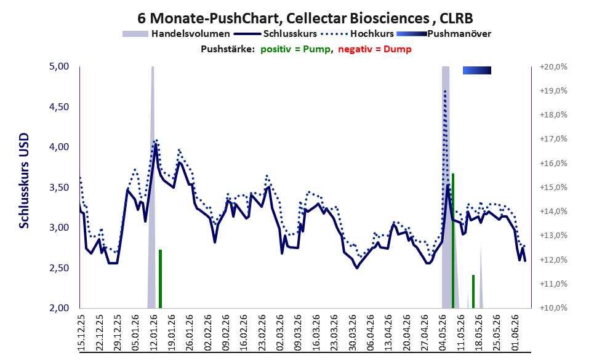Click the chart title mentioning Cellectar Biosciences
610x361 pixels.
click(305, 18)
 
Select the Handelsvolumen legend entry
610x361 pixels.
click(176, 34)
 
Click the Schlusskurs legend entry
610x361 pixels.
click(276, 34)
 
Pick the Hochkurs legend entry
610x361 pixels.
click(358, 34)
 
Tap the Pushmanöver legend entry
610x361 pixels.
click(444, 34)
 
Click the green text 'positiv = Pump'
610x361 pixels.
click(295, 49)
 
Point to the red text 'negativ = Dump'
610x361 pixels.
click(375, 49)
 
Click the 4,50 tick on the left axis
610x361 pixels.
click(58, 107)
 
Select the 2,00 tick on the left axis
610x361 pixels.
click(58, 308)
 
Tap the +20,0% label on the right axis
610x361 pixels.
click(553, 67)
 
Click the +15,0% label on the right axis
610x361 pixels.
click(553, 188)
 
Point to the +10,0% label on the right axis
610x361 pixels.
click(553, 308)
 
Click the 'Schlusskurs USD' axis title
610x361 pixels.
click(24, 181)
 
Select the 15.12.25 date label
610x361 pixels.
click(81, 333)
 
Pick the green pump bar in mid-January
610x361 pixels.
click(160, 279)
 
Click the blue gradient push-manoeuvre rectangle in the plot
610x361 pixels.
click(477, 70)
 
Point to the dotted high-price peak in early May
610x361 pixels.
click(445, 91)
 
